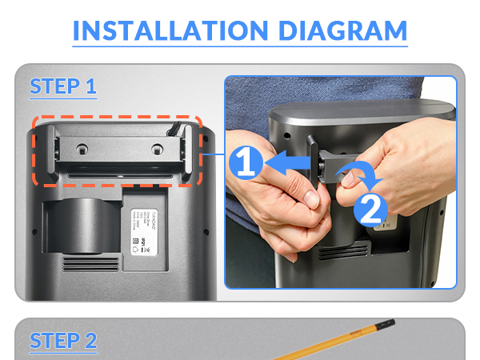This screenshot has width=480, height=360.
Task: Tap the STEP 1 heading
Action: (63, 86)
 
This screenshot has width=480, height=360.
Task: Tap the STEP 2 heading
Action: (63, 340)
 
